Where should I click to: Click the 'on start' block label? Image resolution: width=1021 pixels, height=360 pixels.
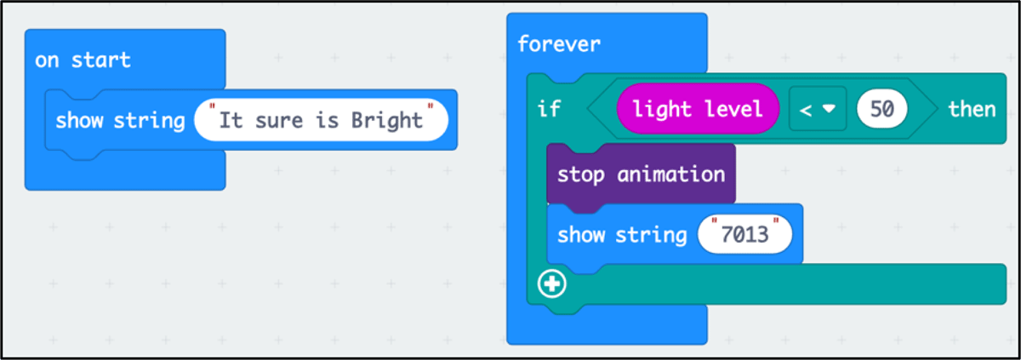(83, 60)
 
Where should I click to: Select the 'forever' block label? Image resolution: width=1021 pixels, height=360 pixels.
(559, 44)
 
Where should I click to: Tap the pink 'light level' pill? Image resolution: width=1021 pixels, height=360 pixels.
(698, 109)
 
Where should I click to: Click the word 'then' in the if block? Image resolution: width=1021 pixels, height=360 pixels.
(972, 110)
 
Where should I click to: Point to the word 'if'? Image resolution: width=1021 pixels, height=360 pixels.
(548, 110)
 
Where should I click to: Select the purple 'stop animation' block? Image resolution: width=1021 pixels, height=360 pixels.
(641, 175)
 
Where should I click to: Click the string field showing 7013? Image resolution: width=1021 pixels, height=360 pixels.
(744, 235)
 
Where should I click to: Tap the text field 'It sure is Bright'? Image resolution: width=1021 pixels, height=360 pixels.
(321, 120)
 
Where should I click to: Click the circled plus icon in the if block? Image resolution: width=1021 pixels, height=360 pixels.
(552, 284)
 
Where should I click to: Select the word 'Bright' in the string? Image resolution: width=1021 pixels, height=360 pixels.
(386, 121)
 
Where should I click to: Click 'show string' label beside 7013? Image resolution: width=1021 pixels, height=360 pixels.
(622, 236)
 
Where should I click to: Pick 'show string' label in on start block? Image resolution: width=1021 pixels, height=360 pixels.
(120, 121)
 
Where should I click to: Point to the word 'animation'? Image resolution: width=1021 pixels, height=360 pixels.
(671, 174)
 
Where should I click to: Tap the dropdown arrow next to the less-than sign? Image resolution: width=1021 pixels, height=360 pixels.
(829, 109)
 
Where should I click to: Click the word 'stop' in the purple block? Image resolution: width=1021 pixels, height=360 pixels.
(580, 175)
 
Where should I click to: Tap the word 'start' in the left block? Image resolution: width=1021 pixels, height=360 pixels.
(101, 60)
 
